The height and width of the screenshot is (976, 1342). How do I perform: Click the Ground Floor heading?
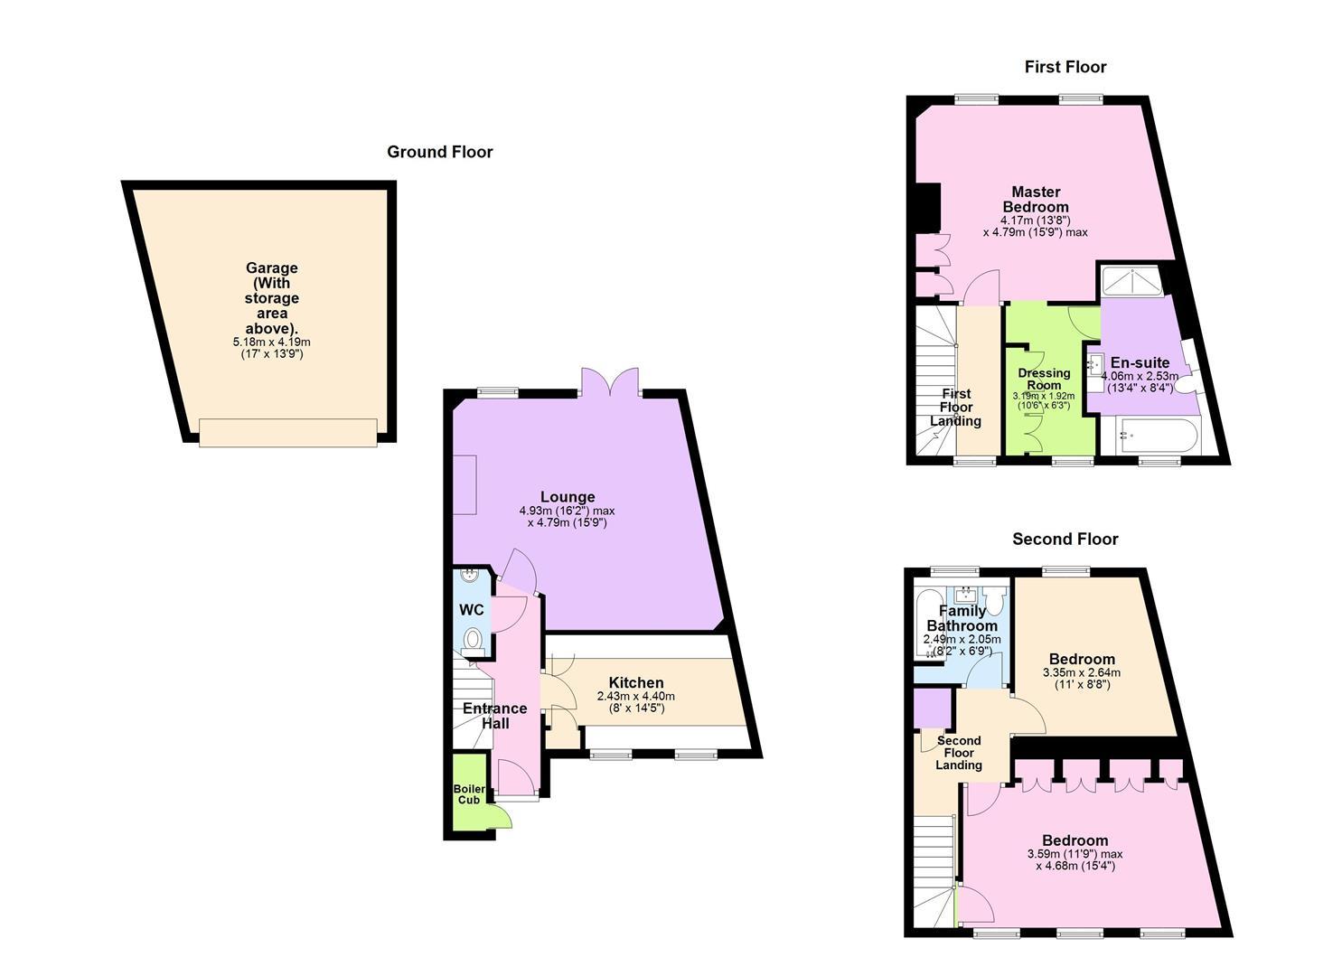point(440,152)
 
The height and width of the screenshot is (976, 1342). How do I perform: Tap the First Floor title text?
point(1065,67)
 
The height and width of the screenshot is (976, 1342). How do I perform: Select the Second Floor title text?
point(1065,540)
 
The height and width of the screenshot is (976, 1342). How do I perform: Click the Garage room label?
point(271,267)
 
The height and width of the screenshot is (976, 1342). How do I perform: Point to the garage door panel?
point(288,433)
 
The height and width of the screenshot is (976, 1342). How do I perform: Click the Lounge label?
point(568,497)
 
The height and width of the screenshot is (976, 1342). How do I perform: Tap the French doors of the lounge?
point(610,381)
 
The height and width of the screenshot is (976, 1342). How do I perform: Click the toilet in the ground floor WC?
point(473,640)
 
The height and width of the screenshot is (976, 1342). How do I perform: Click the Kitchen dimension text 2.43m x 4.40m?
point(635,697)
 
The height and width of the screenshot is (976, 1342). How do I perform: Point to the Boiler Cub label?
point(469,794)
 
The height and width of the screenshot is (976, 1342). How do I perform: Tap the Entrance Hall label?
point(495,716)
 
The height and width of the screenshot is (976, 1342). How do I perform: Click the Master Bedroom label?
point(1036,200)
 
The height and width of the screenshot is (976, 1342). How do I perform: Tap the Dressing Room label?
point(1044,380)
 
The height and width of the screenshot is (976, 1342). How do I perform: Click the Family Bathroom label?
point(962,618)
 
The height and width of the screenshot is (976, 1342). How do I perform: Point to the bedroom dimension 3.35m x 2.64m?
point(1082,673)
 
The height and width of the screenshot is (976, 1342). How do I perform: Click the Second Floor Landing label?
point(959,753)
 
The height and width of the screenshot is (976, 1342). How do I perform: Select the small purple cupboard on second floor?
point(933,709)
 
